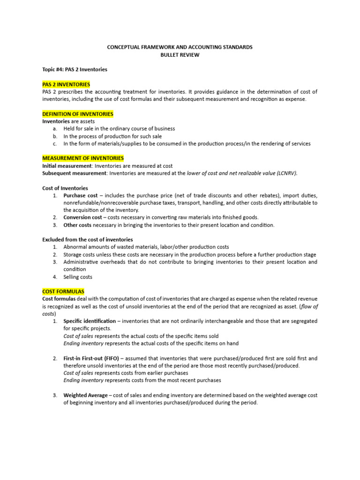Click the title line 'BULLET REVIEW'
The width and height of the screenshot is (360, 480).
pos(180,55)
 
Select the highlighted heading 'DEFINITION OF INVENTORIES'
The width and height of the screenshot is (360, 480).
pos(78,114)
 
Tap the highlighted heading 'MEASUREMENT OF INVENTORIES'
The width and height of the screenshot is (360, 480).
pos(83,158)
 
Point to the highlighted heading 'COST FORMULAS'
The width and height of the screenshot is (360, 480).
pos(63,292)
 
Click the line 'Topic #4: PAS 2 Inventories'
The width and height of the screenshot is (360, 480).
pos(75,69)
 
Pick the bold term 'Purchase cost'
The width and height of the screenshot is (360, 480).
pos(81,195)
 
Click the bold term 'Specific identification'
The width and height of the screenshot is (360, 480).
pos(90,321)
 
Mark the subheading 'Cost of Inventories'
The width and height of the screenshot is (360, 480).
pos(65,188)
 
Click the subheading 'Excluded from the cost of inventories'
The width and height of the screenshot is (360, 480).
pos(88,240)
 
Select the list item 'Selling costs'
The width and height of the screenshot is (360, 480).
pos(78,277)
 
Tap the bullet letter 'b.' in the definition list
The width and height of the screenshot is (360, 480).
pos(55,136)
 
